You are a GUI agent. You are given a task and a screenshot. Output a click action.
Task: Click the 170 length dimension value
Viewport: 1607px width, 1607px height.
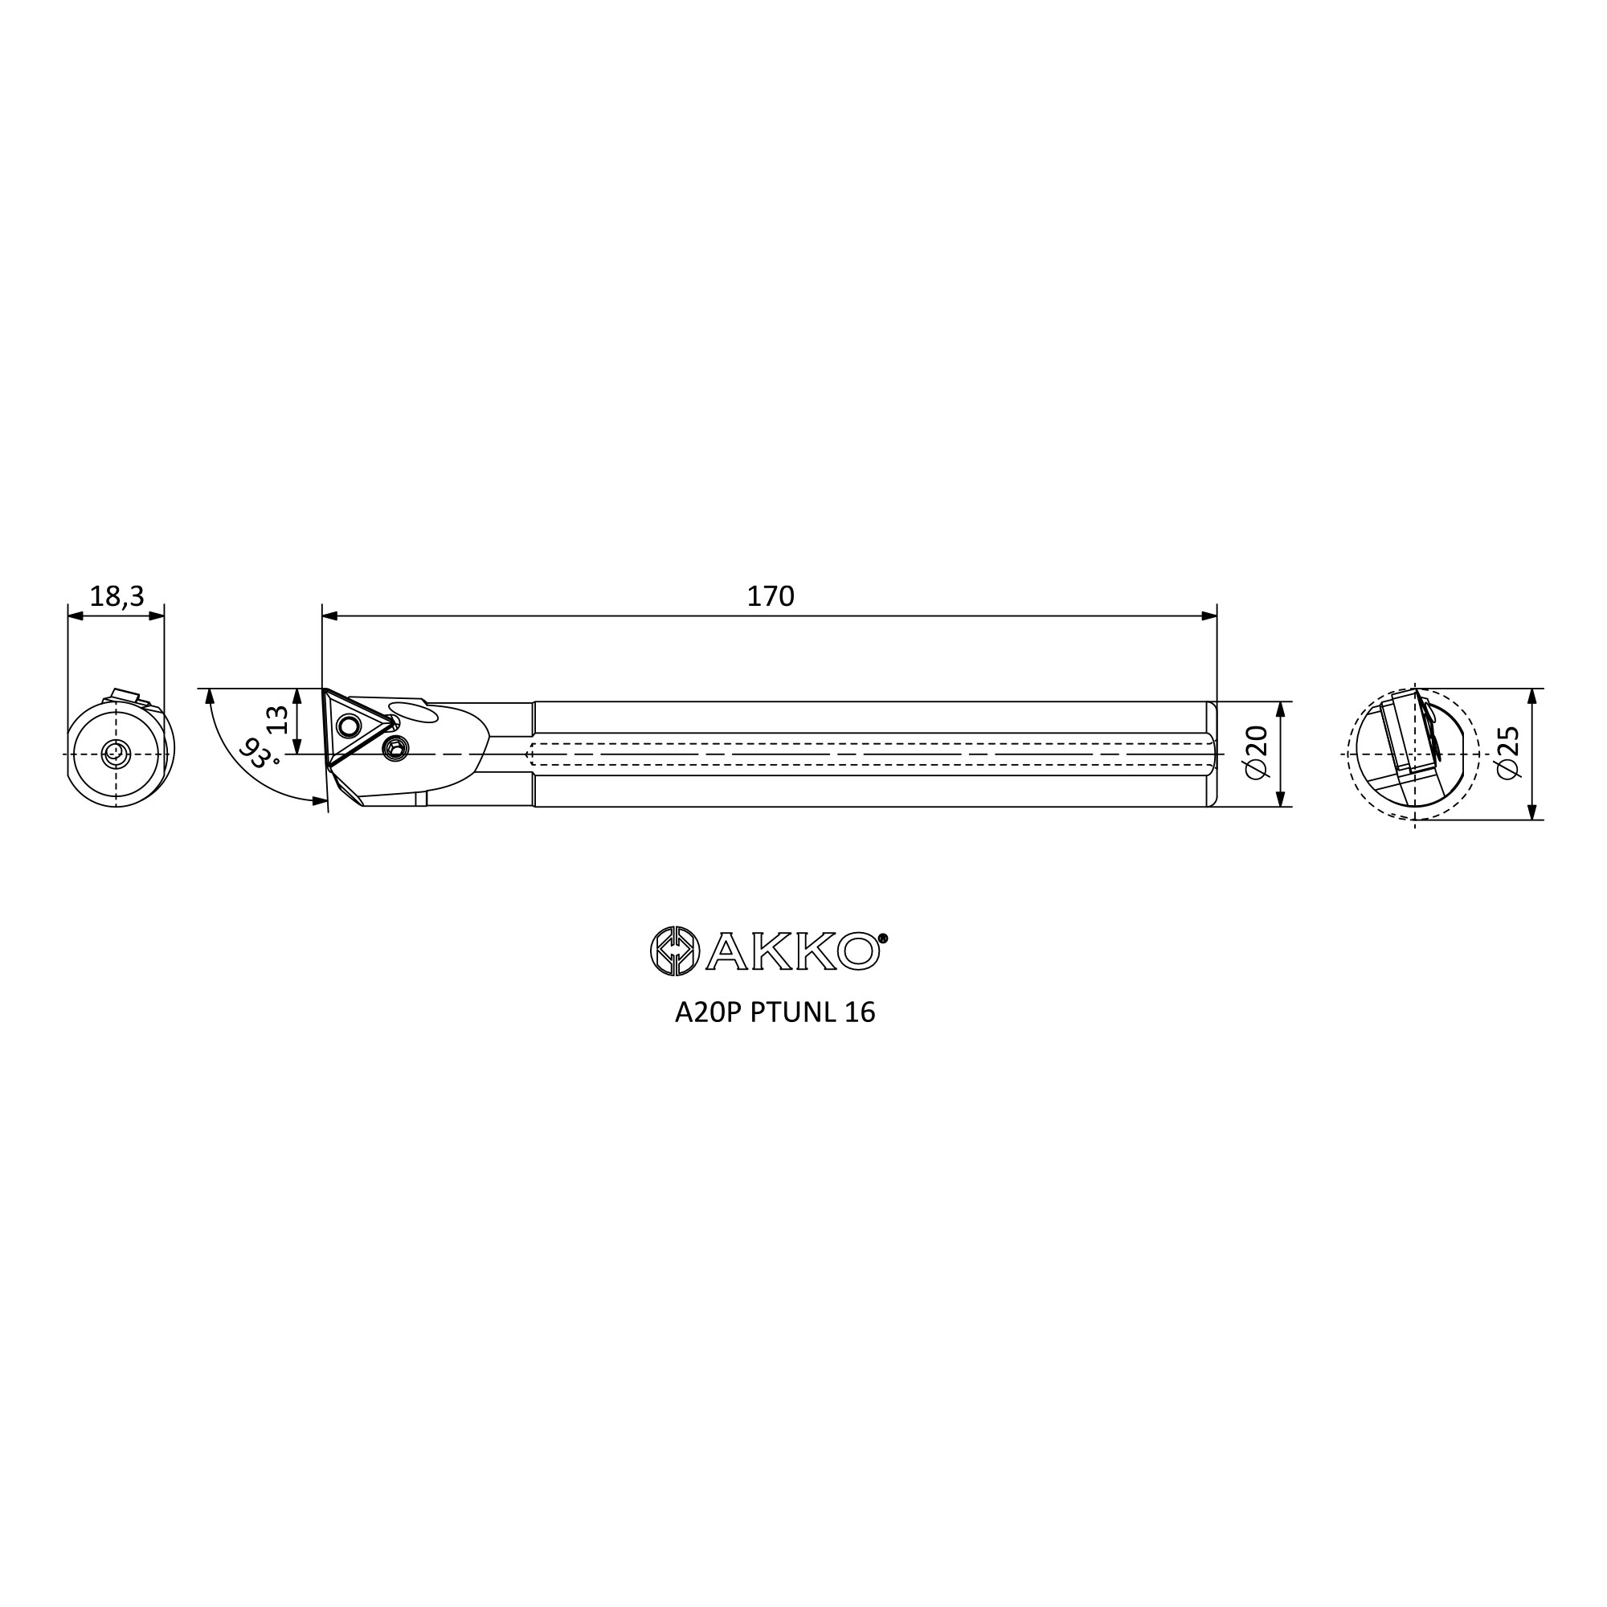[x=771, y=596]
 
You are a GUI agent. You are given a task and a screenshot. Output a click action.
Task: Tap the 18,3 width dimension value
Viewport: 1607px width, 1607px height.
[x=117, y=596]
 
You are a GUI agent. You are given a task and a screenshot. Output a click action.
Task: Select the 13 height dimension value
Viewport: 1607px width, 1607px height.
[x=278, y=719]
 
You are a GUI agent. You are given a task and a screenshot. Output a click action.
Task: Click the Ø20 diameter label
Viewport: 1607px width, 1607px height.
[x=1257, y=753]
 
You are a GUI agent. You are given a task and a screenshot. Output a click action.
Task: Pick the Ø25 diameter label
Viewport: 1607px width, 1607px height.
[x=1508, y=753]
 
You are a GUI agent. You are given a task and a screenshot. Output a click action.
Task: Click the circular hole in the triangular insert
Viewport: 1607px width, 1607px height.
[x=349, y=727]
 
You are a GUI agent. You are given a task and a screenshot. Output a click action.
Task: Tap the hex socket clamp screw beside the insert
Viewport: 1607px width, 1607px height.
[x=396, y=750]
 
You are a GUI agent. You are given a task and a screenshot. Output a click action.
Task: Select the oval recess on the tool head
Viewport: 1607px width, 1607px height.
[x=413, y=713]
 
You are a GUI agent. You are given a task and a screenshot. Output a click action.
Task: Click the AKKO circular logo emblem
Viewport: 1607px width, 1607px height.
[x=675, y=950]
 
